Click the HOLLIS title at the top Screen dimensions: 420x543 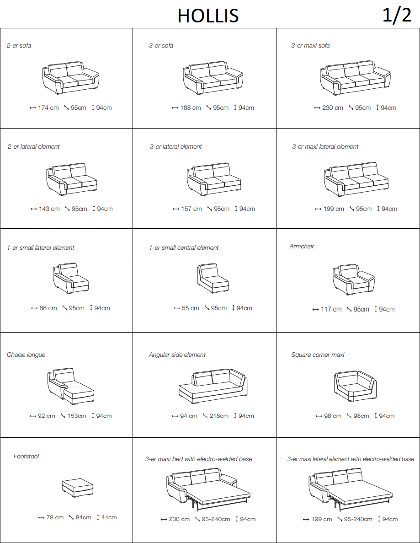(208, 16)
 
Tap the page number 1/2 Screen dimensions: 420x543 (397, 15)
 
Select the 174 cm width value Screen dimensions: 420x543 (48, 108)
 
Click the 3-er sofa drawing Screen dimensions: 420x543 (213, 78)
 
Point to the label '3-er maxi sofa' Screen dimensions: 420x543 (310, 45)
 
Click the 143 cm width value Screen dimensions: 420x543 (49, 209)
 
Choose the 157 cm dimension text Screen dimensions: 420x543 (191, 209)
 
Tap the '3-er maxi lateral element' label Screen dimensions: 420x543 (325, 146)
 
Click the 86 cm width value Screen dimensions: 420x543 (48, 308)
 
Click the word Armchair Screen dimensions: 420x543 (302, 246)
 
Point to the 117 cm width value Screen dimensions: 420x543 (331, 309)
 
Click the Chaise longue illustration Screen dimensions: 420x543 (70, 386)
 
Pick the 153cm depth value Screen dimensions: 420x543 (77, 415)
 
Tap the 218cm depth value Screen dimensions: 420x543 (219, 415)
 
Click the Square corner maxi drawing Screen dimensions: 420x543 (355, 386)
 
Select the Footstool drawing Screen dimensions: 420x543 (78, 488)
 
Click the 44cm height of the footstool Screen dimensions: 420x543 (109, 517)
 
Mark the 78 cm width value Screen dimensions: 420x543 (55, 517)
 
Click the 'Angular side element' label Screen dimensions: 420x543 (177, 355)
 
